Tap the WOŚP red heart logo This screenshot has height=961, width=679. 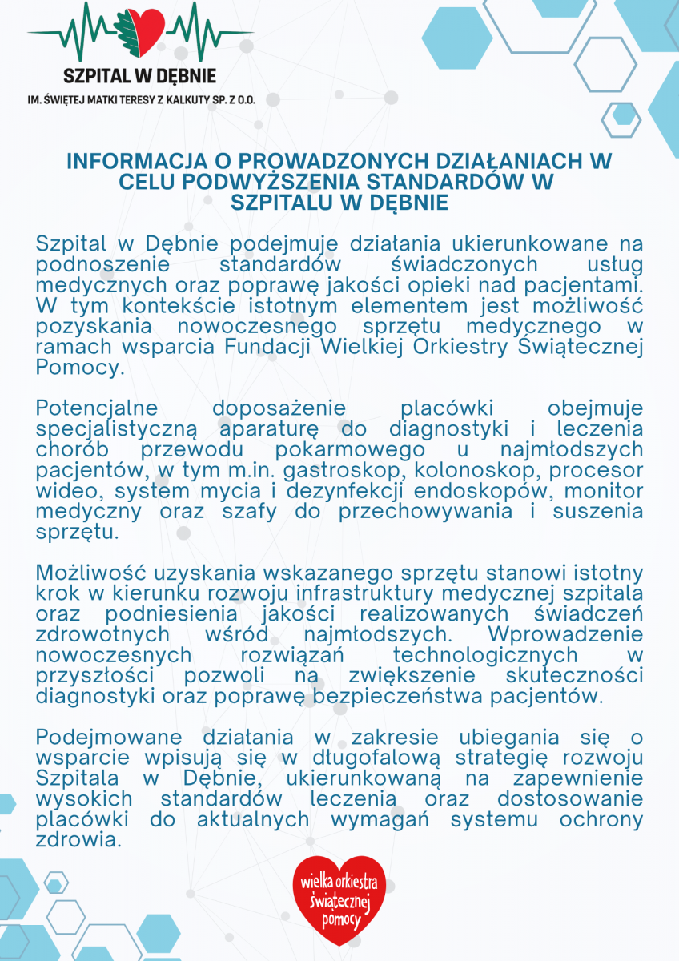[x=339, y=899]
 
